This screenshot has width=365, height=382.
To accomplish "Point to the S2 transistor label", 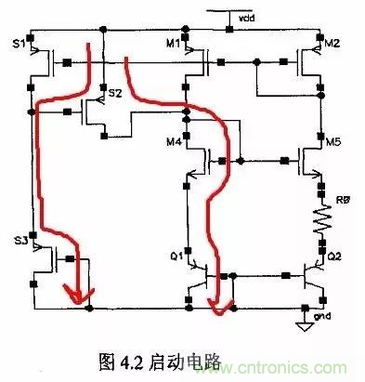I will tap(114, 94).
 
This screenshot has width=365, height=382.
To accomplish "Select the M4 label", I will tap(173, 142).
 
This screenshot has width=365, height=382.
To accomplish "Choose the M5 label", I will tap(332, 142).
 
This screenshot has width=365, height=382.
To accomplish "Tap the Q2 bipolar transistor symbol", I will tap(309, 276).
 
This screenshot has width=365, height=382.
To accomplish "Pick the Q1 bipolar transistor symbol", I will tap(197, 276).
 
